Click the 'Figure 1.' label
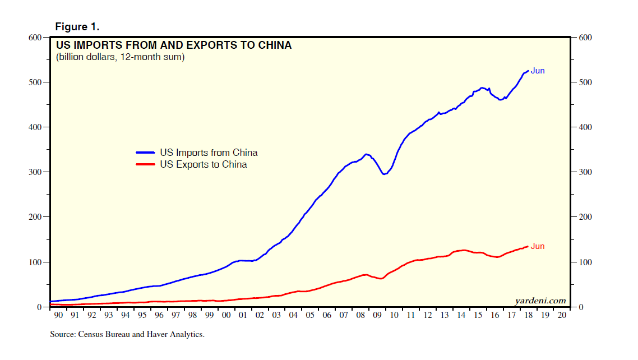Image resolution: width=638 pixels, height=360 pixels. (x=77, y=27)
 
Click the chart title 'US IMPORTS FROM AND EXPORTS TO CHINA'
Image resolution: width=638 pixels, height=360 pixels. (x=173, y=45)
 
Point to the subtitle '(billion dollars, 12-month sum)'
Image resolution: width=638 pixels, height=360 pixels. (x=120, y=57)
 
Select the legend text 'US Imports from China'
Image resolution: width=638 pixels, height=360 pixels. (x=209, y=153)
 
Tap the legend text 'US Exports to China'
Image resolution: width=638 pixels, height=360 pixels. (x=204, y=165)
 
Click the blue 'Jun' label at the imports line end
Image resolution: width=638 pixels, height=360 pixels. (x=538, y=71)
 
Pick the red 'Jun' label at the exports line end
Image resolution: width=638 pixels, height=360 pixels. (x=538, y=247)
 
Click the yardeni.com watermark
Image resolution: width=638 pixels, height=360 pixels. (x=540, y=301)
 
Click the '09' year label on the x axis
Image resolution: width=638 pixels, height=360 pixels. (x=377, y=316)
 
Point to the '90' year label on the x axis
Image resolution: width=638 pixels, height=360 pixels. (x=58, y=316)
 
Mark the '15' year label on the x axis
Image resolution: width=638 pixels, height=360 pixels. (x=478, y=316)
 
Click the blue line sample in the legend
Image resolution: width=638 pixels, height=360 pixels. (x=145, y=153)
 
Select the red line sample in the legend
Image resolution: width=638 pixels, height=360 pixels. (x=145, y=165)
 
